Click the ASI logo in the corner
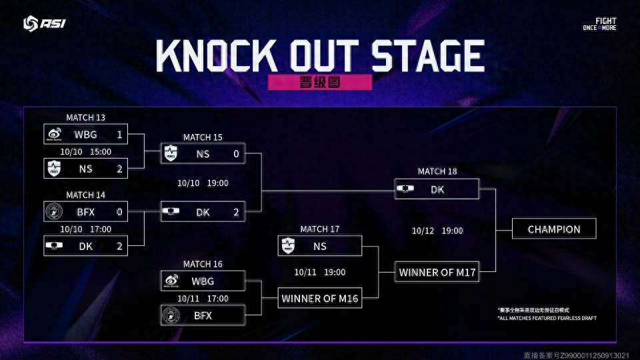pos(45,24)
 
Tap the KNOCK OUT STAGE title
pos(320,56)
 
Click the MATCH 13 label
pos(86,118)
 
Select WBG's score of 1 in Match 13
pos(120,135)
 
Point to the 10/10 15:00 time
pos(86,152)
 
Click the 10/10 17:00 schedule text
pos(86,229)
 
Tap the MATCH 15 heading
pos(203,137)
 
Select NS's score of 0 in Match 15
pos(236,154)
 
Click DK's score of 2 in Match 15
pos(236,212)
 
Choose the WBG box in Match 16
pos(203,281)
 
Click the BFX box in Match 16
pos(203,315)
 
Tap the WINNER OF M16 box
pos(320,298)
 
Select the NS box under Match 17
pos(320,246)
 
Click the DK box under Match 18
pos(437,189)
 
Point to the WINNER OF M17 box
pos(437,272)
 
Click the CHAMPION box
pos(553,229)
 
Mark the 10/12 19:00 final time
pos(437,231)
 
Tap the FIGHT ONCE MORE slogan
pos(599,24)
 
